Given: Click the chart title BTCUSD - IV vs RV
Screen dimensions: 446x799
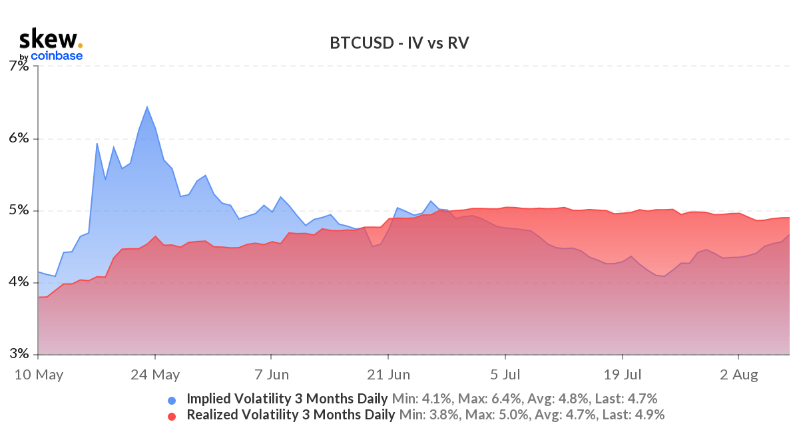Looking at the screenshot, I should pos(400,43).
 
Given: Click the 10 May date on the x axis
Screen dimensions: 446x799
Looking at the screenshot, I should pos(39,375).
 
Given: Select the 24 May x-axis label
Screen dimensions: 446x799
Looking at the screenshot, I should pos(154,375).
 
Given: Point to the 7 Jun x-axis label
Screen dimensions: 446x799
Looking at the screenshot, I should pos(271,375).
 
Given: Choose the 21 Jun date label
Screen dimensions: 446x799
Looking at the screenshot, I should pos(389,375).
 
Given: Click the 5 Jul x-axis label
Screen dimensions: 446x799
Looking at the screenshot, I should pos(505,375).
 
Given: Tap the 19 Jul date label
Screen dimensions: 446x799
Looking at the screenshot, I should pos(623,375).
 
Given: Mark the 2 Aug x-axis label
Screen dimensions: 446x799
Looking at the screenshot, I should pos(739,375).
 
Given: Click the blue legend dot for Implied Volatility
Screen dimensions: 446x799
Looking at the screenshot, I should pos(172,400).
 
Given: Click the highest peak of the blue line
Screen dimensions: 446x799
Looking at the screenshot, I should pos(146,107).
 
